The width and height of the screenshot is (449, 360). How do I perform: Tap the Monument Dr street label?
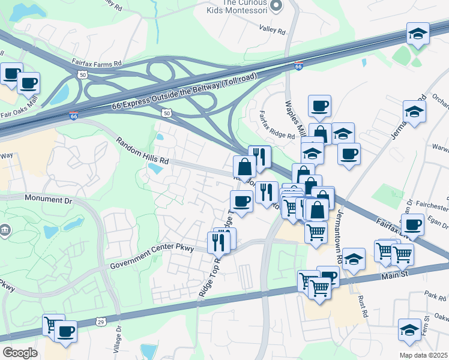[x=48, y=198]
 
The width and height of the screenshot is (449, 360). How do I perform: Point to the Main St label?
[x=394, y=275]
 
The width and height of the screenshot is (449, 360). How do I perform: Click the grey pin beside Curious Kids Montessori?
[x=276, y=6]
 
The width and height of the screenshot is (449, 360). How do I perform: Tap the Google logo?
[x=20, y=353]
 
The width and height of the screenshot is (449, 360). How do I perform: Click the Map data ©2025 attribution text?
[x=424, y=355]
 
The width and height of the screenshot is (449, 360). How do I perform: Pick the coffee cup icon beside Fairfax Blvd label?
[x=412, y=225]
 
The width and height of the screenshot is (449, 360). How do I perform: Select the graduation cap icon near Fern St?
[x=409, y=329]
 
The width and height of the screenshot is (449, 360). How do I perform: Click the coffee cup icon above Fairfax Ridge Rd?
[x=319, y=107]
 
